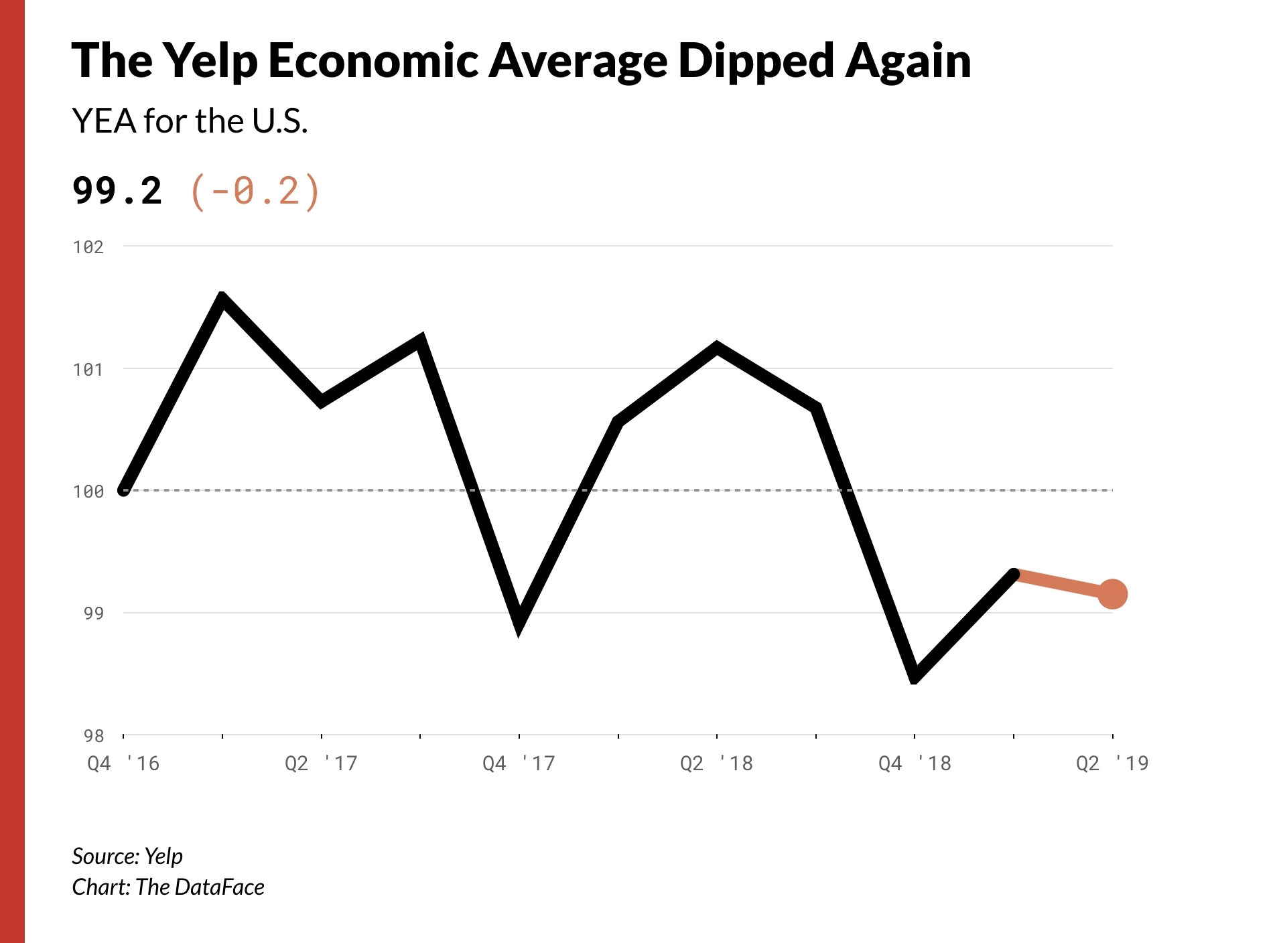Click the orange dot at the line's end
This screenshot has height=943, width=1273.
(1112, 594)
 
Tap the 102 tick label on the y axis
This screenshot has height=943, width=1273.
(88, 247)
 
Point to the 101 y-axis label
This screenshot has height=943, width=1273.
(88, 370)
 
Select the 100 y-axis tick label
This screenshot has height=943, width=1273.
(88, 492)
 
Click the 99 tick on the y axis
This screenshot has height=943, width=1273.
(94, 613)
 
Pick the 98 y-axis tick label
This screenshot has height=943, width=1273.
(94, 736)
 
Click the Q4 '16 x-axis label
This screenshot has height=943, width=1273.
(123, 764)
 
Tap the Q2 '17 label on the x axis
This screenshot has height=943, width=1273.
(321, 764)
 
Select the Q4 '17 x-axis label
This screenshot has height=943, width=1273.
(519, 764)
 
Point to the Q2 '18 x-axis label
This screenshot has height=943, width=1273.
(716, 764)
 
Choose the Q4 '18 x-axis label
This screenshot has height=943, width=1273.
(915, 764)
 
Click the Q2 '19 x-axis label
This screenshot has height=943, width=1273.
(1112, 764)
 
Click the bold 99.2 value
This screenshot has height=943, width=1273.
(117, 191)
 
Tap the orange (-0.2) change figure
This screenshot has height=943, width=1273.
(255, 192)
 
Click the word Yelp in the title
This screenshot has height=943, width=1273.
(210, 62)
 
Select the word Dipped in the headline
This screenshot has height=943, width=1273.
(756, 62)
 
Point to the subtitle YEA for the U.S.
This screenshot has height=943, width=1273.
(190, 121)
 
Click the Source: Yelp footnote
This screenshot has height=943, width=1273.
(127, 856)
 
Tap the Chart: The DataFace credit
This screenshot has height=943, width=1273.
(168, 887)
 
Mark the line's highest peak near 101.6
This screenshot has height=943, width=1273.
(222, 298)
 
